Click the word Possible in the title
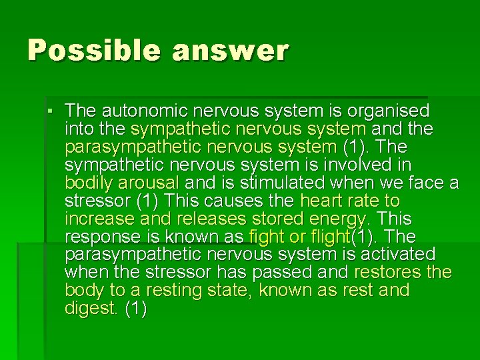tap(85, 50)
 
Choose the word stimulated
tap(277, 183)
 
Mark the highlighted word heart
tap(323, 201)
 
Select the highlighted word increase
tap(97, 219)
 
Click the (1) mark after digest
tap(136, 309)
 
